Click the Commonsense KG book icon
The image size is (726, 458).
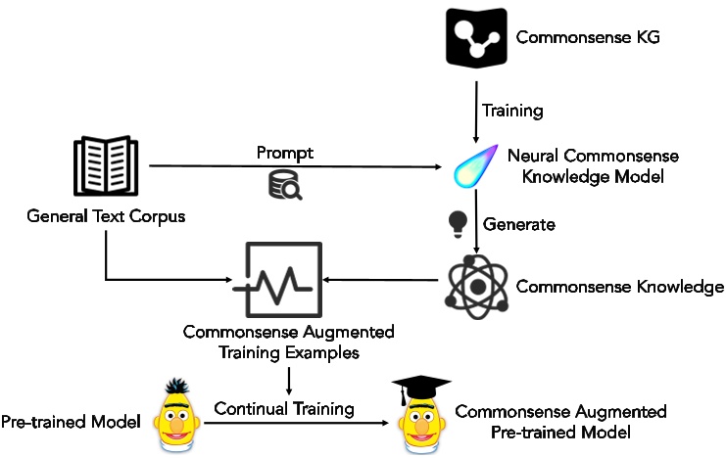[x=474, y=40]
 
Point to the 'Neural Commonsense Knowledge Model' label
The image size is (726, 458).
[x=606, y=165]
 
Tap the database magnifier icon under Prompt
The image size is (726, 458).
[x=284, y=185]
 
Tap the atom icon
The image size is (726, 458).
[x=475, y=285]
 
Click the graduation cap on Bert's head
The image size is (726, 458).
[x=417, y=390]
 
